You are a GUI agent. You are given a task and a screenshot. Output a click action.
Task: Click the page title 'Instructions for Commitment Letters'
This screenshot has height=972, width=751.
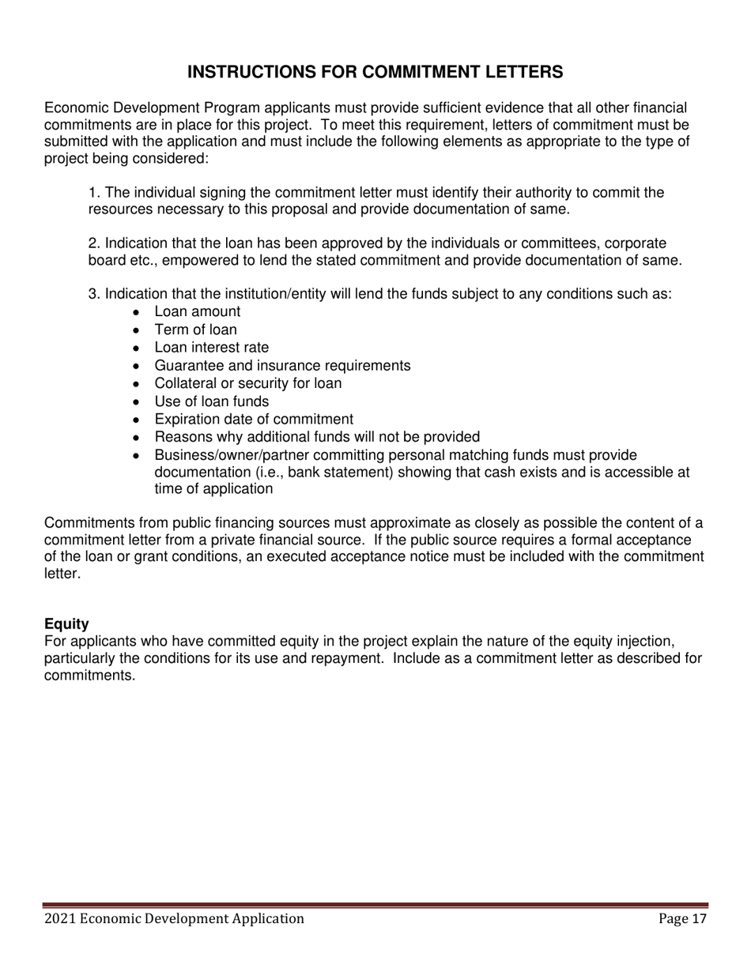(375, 73)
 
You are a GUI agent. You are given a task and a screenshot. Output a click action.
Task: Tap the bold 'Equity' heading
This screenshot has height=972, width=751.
(66, 624)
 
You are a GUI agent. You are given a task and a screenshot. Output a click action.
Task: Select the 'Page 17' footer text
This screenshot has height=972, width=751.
(683, 918)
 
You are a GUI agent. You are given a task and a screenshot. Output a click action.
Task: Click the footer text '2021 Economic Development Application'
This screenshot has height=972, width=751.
(174, 918)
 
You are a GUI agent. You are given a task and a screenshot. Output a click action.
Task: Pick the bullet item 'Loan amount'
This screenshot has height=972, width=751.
(197, 311)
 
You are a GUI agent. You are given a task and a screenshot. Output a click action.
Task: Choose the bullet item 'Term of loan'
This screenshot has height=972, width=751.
(195, 330)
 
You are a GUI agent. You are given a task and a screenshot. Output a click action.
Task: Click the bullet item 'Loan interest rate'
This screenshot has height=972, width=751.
(211, 348)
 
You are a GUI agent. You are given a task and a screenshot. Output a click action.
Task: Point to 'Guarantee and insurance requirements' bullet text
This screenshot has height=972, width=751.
(282, 365)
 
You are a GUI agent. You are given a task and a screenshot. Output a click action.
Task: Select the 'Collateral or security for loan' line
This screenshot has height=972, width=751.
(248, 383)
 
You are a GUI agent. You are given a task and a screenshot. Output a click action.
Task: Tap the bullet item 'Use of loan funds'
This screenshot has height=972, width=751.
(211, 401)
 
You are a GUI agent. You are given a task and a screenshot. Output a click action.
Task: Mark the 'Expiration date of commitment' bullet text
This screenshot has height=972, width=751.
(254, 419)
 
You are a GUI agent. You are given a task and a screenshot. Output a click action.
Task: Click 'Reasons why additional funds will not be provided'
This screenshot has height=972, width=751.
(317, 437)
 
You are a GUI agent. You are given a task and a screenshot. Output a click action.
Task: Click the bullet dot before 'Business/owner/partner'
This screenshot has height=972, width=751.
(137, 456)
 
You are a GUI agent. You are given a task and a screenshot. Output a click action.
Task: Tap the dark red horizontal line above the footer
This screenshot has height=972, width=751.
(375, 905)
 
